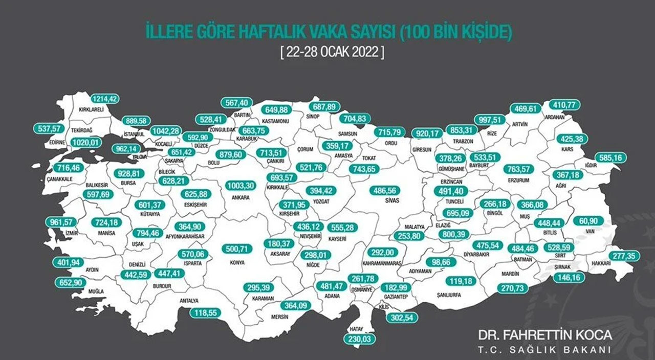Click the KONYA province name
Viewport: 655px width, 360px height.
tap(237, 262)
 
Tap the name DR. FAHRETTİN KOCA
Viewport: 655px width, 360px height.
tap(545, 335)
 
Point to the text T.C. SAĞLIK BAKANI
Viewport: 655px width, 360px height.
tap(545, 350)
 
